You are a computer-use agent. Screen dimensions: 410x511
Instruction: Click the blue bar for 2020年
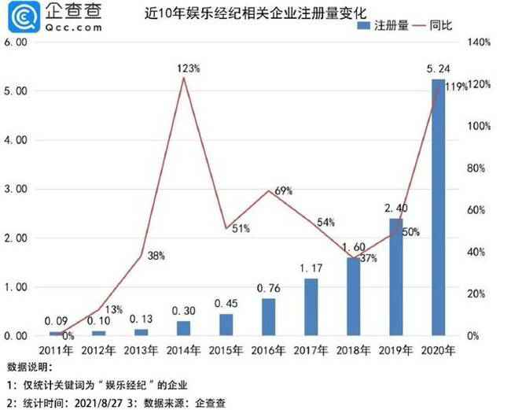[x=438, y=208]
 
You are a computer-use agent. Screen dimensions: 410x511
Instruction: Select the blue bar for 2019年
[x=395, y=277]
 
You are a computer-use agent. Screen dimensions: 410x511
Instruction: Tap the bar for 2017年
[x=311, y=307]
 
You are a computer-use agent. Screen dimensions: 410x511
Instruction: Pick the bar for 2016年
[x=268, y=317]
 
